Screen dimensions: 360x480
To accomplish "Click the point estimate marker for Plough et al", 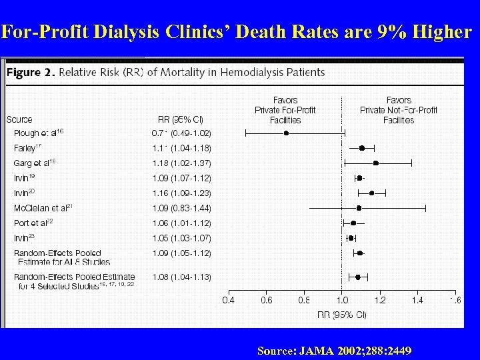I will coord(287,133).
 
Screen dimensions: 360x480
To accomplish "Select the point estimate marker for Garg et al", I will coord(376,163).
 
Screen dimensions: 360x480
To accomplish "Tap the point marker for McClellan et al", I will coord(359,208).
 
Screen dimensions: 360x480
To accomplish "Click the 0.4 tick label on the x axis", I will coord(228,301).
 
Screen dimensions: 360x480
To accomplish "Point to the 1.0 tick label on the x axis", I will coord(342,301).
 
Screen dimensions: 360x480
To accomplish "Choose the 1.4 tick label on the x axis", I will coord(417,301).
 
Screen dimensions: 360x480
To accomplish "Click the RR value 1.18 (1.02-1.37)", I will coord(181,163).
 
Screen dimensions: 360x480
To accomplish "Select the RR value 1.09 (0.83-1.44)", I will coord(181,208).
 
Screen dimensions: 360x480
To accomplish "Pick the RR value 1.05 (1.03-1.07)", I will coord(181,238).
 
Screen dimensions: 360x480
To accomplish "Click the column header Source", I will coord(19,120).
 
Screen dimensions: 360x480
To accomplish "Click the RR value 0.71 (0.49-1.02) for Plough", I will coord(181,133).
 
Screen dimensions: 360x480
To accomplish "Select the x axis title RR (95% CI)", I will coord(342,313).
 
